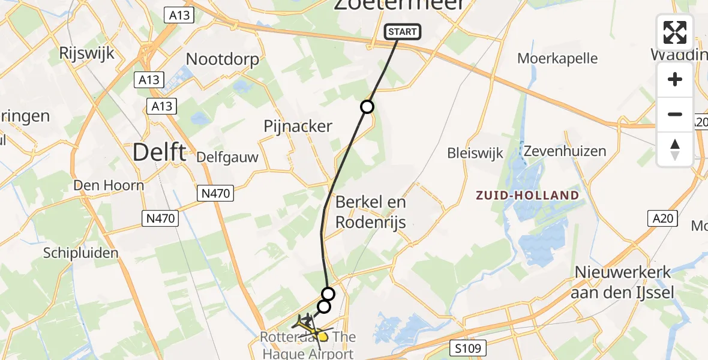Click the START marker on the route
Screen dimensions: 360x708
(402, 32)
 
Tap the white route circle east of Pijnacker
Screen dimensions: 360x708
(367, 107)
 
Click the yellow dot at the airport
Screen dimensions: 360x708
(323, 337)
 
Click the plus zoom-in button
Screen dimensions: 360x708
(675, 80)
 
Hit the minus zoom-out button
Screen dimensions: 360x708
(675, 114)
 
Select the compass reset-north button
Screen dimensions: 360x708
(675, 149)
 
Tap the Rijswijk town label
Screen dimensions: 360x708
(87, 53)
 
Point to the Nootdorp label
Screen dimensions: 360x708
(223, 59)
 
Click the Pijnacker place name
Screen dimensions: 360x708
(298, 126)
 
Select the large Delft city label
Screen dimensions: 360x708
(158, 152)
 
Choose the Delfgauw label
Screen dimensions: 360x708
(227, 158)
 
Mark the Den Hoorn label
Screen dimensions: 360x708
(109, 185)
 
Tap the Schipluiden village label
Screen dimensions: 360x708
(80, 253)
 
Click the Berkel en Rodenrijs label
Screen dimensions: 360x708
(371, 212)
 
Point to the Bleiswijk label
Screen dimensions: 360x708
(474, 153)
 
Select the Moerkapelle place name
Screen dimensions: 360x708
(558, 58)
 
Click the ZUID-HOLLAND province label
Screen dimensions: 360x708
(527, 196)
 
